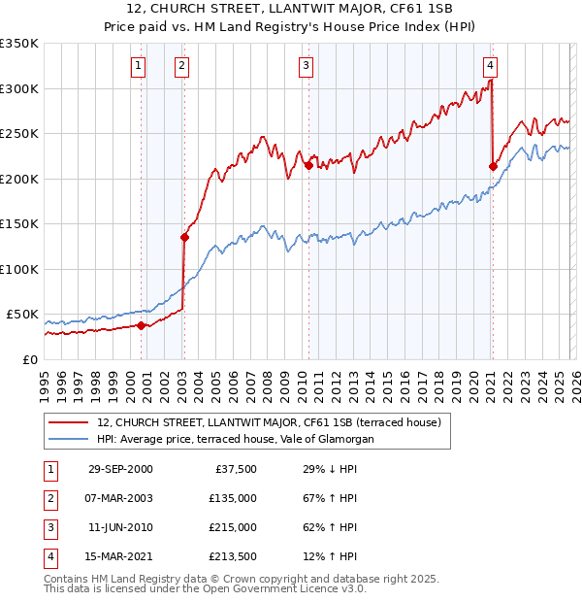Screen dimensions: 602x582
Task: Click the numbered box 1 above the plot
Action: (x=139, y=66)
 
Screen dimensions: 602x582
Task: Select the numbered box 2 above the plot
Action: (x=181, y=66)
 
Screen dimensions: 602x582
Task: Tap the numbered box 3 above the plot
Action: (x=306, y=66)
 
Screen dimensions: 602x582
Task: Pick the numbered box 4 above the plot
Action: (x=490, y=66)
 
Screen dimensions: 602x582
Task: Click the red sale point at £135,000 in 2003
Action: (x=184, y=237)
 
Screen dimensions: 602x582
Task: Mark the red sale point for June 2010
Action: (x=308, y=165)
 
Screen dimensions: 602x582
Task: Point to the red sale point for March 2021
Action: (x=493, y=166)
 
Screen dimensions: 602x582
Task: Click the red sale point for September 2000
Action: (x=142, y=325)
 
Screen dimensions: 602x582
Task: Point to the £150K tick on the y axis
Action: (x=19, y=223)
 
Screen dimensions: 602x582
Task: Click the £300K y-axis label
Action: (x=19, y=88)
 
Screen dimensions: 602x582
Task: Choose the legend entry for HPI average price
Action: (x=235, y=440)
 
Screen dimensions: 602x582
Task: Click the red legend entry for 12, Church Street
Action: (x=269, y=422)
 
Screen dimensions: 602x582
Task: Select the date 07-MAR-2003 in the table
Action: (x=120, y=498)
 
